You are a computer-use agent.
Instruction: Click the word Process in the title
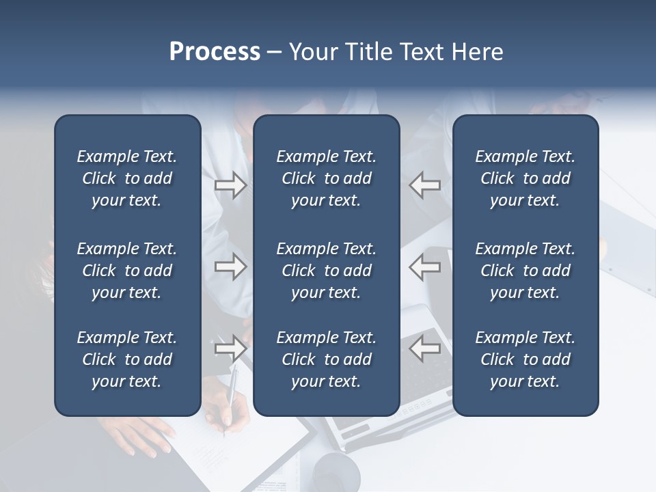(x=215, y=52)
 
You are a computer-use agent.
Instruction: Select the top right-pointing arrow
(x=230, y=185)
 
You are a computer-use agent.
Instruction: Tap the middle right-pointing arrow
(x=230, y=266)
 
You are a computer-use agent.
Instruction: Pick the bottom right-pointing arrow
(x=230, y=348)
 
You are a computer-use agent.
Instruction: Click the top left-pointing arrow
(x=425, y=185)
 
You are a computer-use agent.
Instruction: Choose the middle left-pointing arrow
(x=425, y=266)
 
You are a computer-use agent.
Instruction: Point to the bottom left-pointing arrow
(x=425, y=348)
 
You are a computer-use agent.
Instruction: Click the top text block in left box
(x=127, y=178)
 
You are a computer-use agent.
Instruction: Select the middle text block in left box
(x=127, y=271)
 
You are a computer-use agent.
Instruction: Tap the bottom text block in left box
(x=127, y=359)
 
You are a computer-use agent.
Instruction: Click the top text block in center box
(x=326, y=178)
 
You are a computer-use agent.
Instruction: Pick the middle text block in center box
(x=326, y=271)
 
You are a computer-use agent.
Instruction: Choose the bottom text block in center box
(x=326, y=359)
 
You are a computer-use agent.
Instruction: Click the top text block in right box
(x=525, y=178)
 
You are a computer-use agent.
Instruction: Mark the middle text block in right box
(x=525, y=271)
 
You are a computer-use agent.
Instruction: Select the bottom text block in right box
(x=525, y=359)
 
